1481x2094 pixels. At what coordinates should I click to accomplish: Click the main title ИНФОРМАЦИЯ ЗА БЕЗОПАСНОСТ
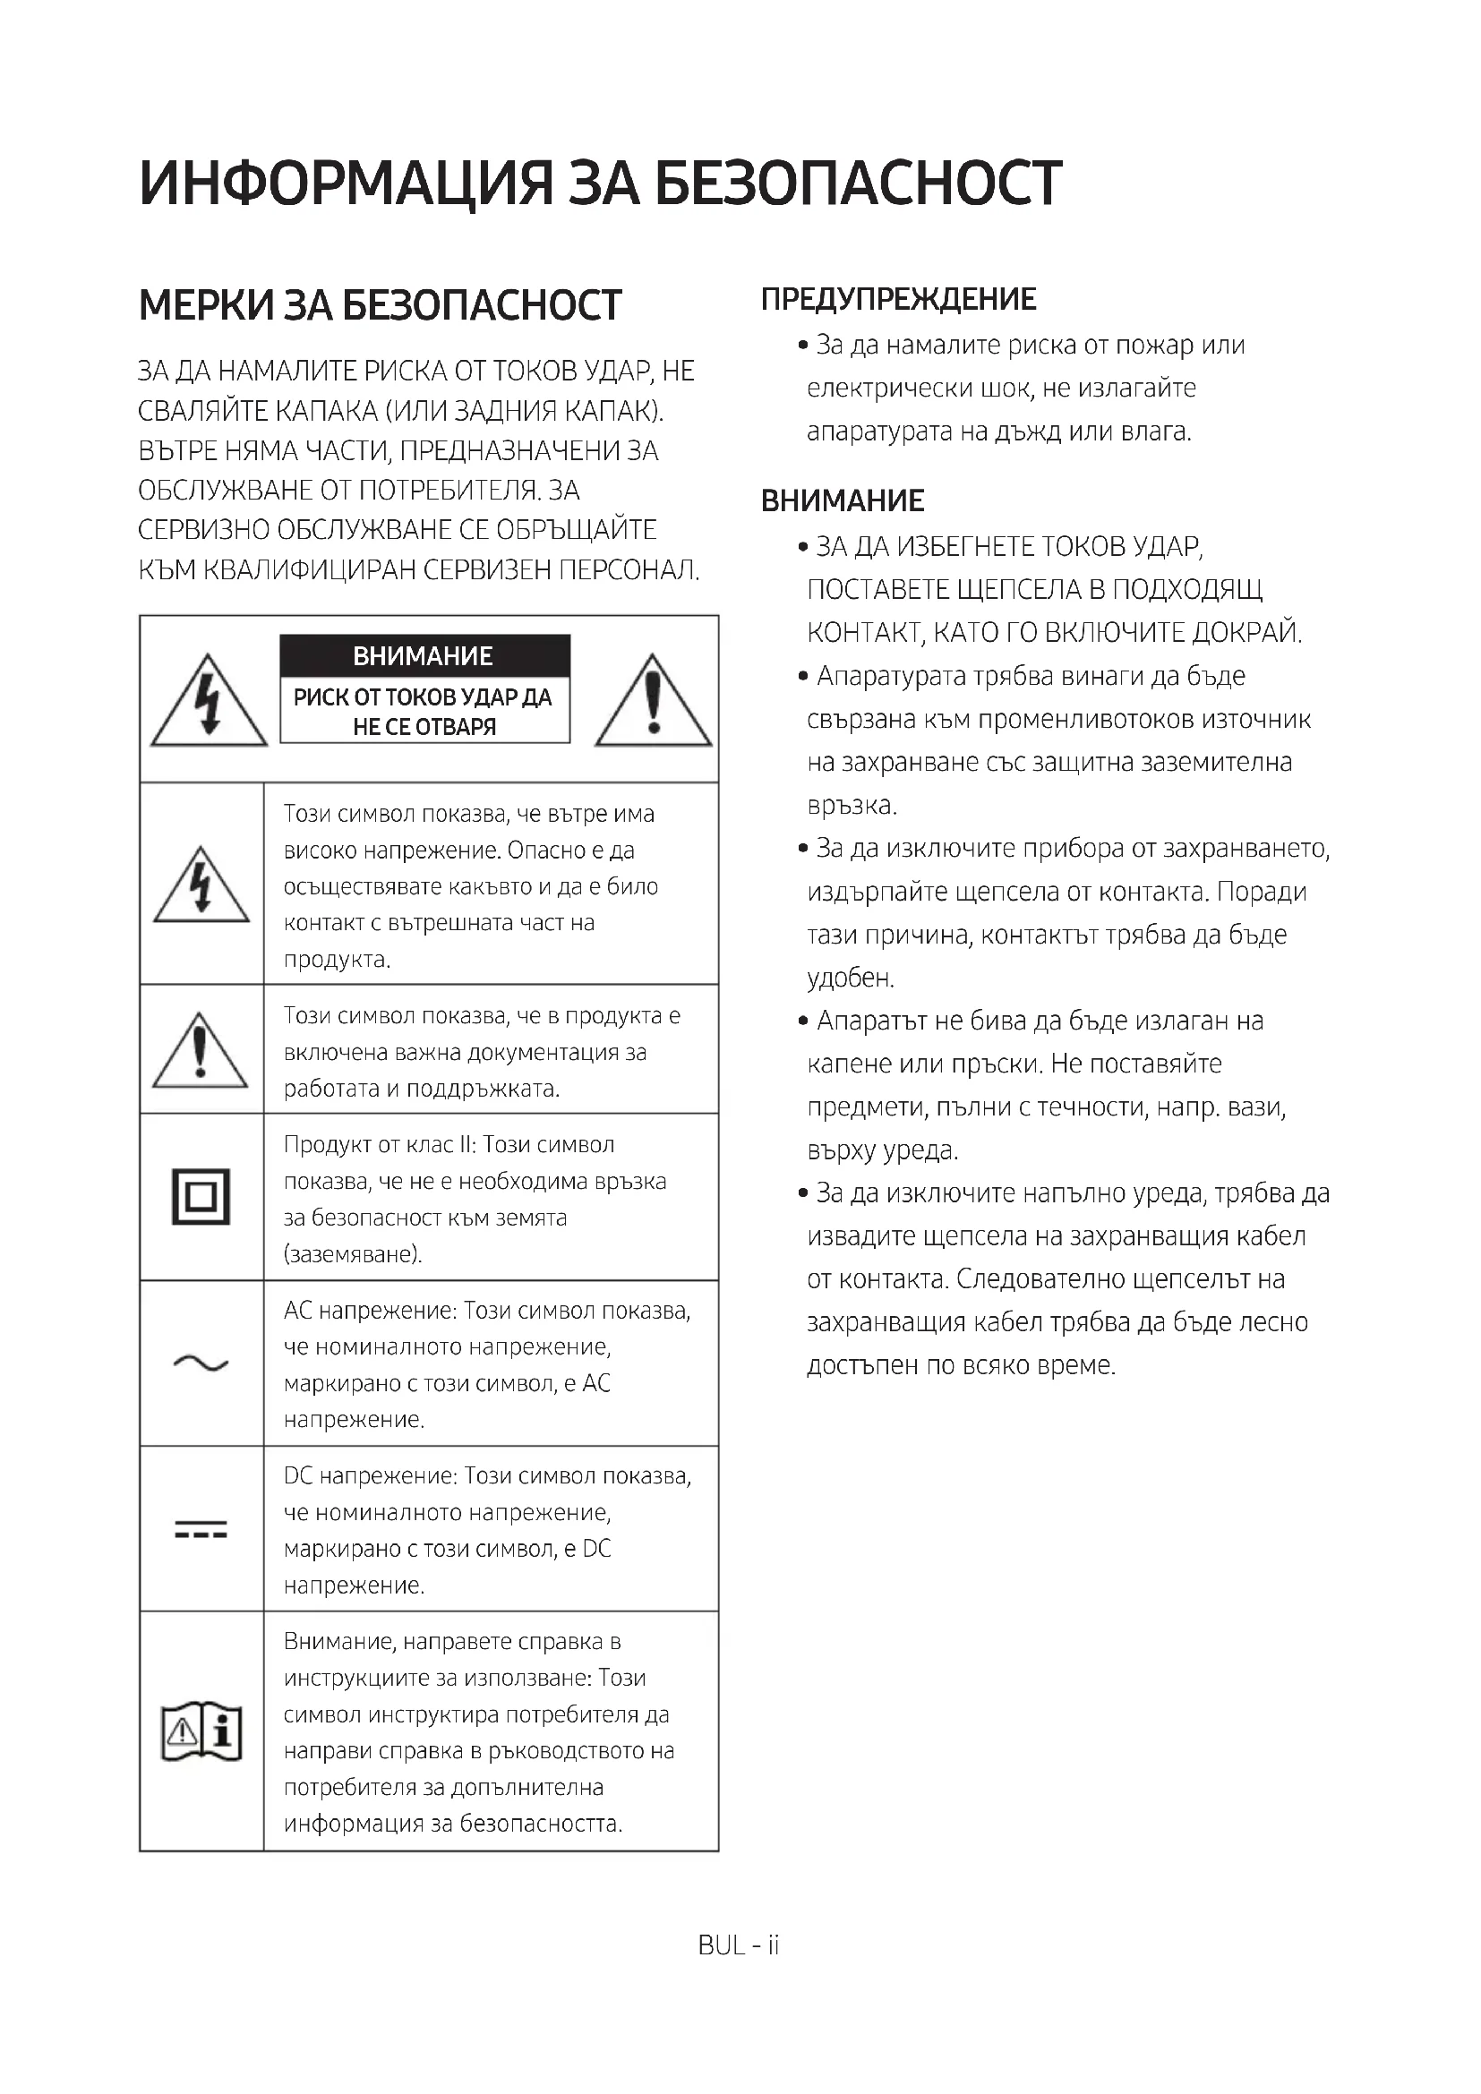click(600, 183)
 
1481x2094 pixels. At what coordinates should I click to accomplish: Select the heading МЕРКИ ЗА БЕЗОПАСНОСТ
click(380, 305)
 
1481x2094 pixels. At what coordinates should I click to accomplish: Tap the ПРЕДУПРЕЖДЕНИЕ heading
click(898, 299)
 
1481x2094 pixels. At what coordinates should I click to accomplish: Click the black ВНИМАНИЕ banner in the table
click(424, 655)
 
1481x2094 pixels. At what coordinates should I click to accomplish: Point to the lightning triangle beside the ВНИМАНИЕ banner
click(209, 700)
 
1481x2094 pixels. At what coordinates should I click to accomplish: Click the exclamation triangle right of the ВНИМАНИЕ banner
click(653, 700)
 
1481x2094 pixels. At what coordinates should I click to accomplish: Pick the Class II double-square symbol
click(201, 1196)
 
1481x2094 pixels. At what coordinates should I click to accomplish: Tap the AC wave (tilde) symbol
click(201, 1363)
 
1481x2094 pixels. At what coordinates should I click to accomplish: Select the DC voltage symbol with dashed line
click(201, 1529)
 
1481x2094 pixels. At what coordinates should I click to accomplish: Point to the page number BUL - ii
click(739, 1945)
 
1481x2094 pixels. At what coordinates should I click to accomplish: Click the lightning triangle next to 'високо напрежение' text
click(201, 885)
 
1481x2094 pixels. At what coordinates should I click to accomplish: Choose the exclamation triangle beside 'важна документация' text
click(201, 1051)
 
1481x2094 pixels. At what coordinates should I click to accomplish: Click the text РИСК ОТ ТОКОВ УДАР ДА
click(423, 697)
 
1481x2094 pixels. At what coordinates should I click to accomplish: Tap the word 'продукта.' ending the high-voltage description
click(337, 960)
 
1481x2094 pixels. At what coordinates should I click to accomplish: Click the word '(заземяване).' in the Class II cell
click(353, 1254)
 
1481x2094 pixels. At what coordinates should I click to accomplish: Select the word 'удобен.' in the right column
click(850, 979)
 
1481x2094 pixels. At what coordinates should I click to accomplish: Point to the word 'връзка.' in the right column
click(852, 807)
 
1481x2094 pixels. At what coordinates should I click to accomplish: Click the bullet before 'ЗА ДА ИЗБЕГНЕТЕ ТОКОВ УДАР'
click(802, 547)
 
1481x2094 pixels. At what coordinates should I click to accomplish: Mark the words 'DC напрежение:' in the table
click(369, 1475)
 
